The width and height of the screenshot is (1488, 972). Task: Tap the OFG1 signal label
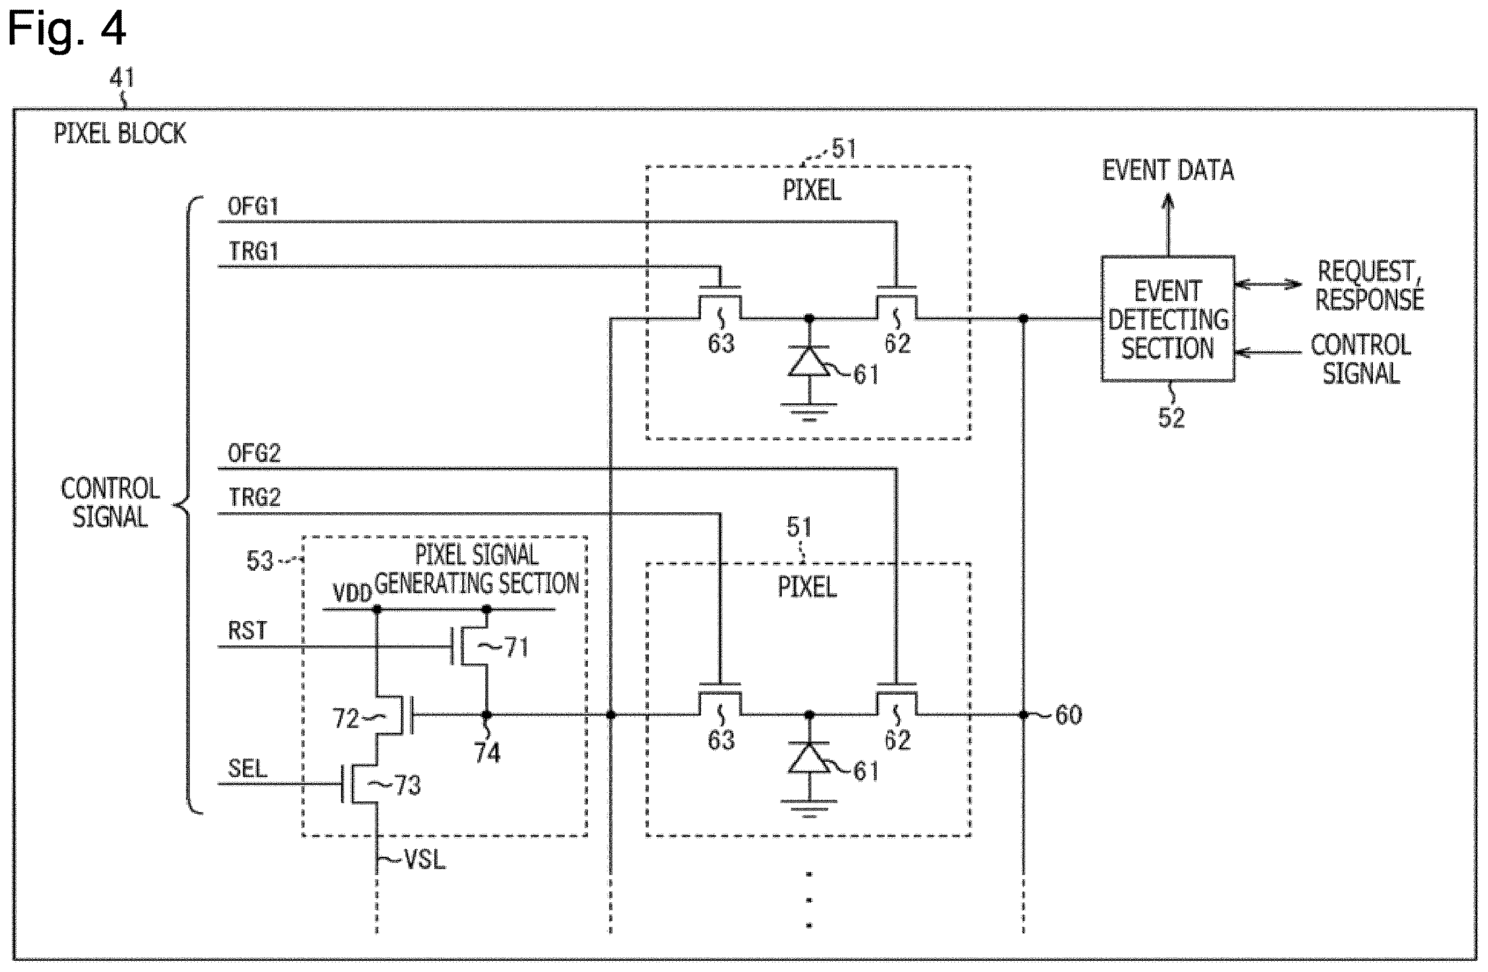pyautogui.click(x=253, y=207)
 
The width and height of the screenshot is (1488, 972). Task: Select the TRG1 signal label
pyautogui.click(x=253, y=252)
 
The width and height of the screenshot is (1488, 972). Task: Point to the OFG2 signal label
pyautogui.click(x=254, y=453)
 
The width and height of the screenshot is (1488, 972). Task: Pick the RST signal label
pyautogui.click(x=248, y=630)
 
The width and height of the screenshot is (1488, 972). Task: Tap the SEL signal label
pyautogui.click(x=248, y=768)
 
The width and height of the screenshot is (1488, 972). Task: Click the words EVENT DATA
pyautogui.click(x=1168, y=170)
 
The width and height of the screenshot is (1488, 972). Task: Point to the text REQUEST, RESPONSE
pyautogui.click(x=1369, y=285)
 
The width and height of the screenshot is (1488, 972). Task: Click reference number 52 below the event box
pyautogui.click(x=1171, y=418)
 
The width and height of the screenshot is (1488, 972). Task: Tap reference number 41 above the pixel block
pyautogui.click(x=122, y=78)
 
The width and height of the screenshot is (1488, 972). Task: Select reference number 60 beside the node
pyautogui.click(x=1069, y=715)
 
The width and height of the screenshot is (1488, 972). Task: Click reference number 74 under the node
pyautogui.click(x=487, y=753)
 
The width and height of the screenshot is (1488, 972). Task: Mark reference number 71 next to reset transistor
pyautogui.click(x=516, y=647)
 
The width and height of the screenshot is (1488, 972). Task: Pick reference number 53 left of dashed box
pyautogui.click(x=260, y=561)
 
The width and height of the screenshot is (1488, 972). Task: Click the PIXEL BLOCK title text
pyautogui.click(x=120, y=133)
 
